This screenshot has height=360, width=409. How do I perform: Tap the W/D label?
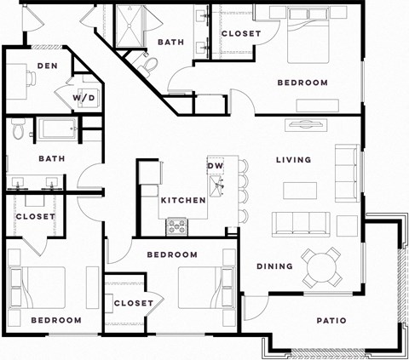click(84, 98)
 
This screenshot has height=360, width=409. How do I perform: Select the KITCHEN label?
click(183, 200)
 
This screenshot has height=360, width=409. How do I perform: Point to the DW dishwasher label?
click(215, 165)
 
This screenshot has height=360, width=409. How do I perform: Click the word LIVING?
click(293, 160)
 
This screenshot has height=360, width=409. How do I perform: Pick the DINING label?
click(274, 266)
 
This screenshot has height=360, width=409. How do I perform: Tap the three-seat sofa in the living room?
click(302, 224)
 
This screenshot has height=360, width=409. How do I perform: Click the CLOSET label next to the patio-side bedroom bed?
click(133, 303)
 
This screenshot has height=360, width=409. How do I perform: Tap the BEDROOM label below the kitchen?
click(172, 254)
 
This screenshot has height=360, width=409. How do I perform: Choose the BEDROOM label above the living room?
click(302, 83)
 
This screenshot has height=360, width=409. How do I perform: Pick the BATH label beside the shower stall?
click(171, 42)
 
